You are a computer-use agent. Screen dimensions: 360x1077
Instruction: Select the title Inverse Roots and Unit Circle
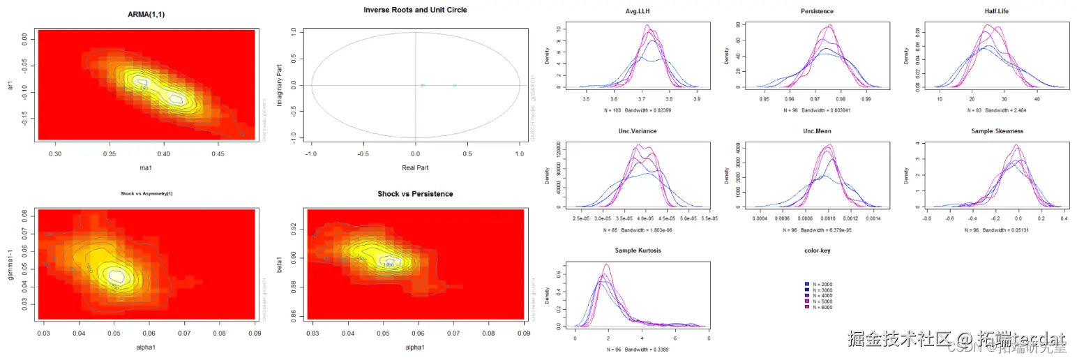click(x=415, y=10)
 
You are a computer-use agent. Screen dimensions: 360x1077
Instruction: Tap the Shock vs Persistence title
click(x=415, y=193)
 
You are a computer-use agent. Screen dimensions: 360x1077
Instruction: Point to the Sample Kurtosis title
click(x=638, y=250)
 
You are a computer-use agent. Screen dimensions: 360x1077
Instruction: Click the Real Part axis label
click(x=415, y=168)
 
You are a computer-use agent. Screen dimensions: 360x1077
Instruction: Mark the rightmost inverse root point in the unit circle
click(x=454, y=85)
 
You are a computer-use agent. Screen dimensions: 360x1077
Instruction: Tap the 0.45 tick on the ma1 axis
click(x=218, y=153)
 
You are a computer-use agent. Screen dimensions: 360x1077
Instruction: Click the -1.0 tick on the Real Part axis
click(x=312, y=153)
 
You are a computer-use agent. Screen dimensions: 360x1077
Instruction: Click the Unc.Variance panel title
click(x=638, y=131)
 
